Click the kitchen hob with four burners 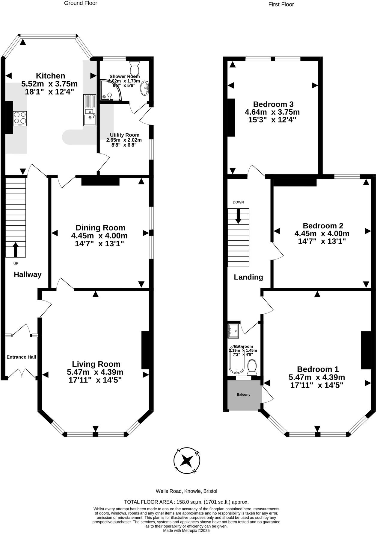pos(20,118)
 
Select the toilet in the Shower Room pos(135,68)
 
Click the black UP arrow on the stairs pos(16,249)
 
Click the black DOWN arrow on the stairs pos(238,216)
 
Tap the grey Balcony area pos(244,395)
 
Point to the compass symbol pos(187,460)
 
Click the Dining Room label pos(100,228)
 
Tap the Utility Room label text pos(124,135)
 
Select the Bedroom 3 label pos(273,104)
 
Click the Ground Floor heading pos(81,3)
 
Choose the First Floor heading pos(281,4)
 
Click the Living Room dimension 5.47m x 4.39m pos(95,372)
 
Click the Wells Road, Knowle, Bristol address pos(186,491)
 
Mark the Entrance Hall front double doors pos(22,374)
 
